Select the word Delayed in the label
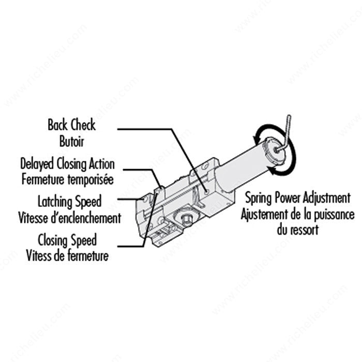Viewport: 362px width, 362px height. (x=38, y=164)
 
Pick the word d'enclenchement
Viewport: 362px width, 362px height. (x=90, y=217)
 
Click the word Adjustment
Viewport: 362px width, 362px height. (x=325, y=198)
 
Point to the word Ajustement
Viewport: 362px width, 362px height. (x=265, y=214)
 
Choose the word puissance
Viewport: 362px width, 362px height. (x=332, y=214)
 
